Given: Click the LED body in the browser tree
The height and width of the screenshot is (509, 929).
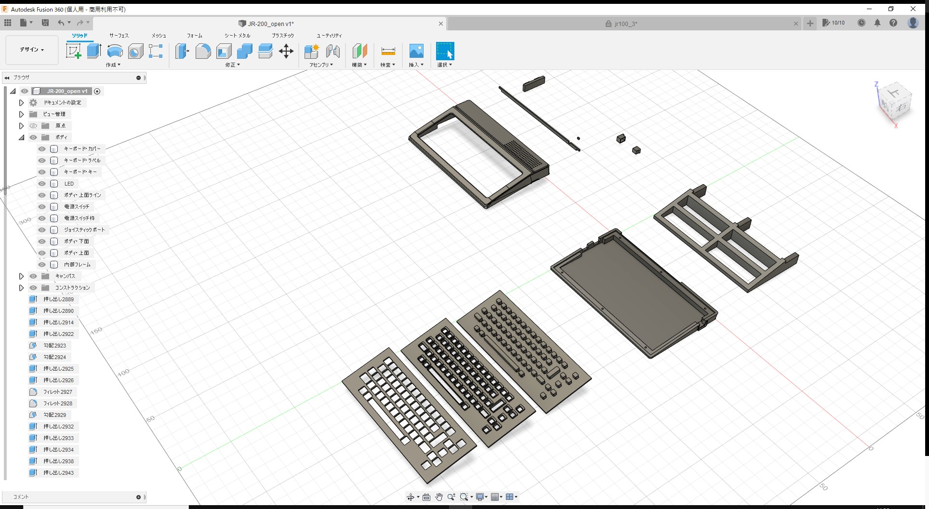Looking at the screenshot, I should [69, 184].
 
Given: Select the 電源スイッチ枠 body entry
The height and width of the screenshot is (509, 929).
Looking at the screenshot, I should [79, 218].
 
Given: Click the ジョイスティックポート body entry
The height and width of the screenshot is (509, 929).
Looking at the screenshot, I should [84, 230].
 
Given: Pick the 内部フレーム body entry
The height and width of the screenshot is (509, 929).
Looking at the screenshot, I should [77, 265].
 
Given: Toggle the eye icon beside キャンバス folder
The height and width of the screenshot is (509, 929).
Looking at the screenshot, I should [33, 276].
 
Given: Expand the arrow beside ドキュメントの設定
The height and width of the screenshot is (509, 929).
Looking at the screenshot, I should [21, 103].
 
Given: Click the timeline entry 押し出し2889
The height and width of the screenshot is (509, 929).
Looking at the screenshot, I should [58, 299].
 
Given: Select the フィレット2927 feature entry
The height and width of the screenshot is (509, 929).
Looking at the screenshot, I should [57, 392].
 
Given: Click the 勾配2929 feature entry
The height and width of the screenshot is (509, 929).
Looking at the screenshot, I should [54, 415].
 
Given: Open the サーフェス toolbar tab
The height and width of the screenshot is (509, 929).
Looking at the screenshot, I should [119, 36].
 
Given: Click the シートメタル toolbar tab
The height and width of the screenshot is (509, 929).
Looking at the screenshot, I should [237, 36].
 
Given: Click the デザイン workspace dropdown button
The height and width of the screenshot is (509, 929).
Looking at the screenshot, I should [32, 50].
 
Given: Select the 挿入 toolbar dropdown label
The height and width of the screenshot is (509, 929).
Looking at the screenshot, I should [416, 65].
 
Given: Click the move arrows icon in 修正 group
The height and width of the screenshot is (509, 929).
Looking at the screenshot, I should [286, 51].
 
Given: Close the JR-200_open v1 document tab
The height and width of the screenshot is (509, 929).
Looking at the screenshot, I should [440, 24].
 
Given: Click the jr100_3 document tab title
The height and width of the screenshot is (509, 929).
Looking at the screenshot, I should [625, 24].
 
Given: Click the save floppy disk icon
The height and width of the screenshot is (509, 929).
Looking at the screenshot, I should [45, 23].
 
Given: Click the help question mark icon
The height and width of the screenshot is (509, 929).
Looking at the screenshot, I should [893, 23].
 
